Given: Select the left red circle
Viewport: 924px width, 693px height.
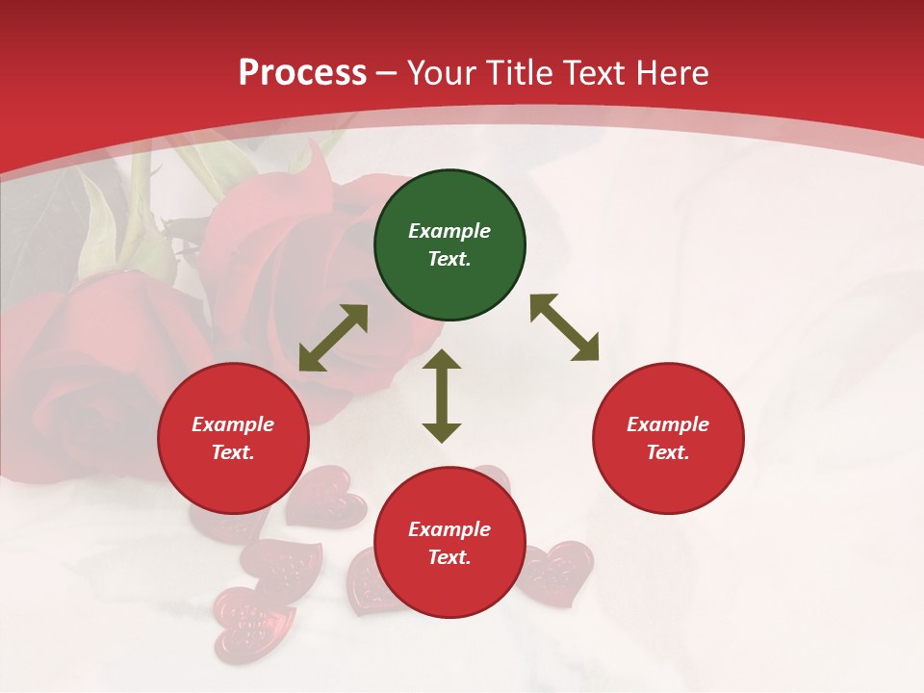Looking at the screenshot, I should [233, 438].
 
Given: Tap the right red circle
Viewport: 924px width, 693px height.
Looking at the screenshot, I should [668, 438].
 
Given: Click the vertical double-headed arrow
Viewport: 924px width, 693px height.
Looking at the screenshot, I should [442, 396].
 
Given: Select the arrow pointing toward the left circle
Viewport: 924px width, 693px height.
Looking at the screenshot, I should [333, 338].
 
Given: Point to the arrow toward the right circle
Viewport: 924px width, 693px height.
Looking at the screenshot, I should [564, 327].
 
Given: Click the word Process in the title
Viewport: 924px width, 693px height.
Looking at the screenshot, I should [302, 72].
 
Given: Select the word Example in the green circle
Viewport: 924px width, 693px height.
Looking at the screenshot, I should [449, 231].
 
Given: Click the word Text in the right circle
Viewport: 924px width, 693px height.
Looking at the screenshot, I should [666, 452].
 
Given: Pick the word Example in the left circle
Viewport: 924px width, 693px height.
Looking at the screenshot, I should [233, 424].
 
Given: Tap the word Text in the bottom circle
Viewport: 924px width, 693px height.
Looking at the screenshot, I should [448, 557].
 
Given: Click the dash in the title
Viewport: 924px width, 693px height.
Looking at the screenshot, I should [386, 73].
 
